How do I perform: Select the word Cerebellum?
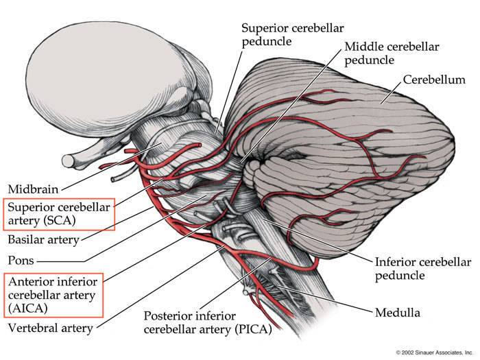tap(435, 80)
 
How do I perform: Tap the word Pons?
tap(21, 261)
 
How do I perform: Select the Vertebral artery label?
tap(50, 328)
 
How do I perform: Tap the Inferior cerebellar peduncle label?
tap(422, 269)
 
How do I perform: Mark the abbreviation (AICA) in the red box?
tap(28, 309)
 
